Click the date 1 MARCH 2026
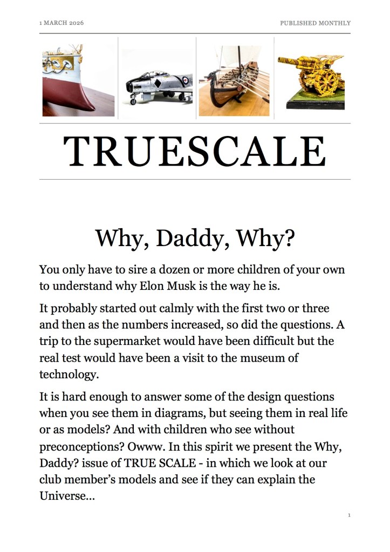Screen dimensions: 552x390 click(x=61, y=23)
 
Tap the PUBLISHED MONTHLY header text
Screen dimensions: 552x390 click(x=315, y=23)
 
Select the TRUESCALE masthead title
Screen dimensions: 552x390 click(x=195, y=151)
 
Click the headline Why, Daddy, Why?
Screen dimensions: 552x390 click(x=195, y=238)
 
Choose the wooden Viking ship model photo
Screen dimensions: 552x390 click(x=234, y=81)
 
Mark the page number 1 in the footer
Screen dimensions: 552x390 click(x=349, y=516)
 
